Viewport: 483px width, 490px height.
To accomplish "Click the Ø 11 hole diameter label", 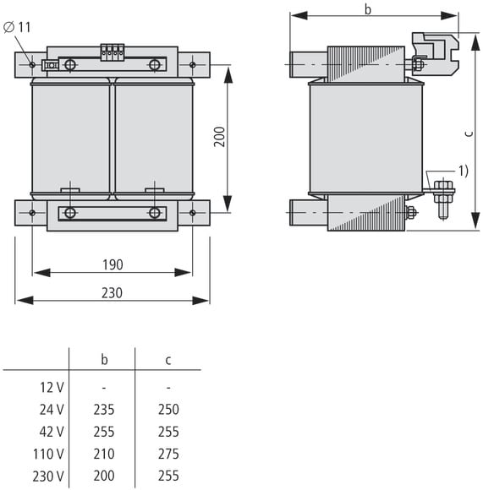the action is click(x=17, y=27).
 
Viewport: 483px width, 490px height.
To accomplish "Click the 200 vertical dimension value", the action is click(x=220, y=137).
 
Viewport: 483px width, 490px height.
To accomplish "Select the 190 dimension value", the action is click(x=113, y=264).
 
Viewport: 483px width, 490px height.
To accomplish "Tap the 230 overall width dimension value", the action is click(x=112, y=293).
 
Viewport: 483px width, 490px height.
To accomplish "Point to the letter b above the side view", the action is click(x=368, y=9).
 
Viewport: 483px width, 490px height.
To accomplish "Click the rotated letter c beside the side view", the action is click(x=469, y=133).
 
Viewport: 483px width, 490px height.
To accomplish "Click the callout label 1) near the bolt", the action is click(x=464, y=171).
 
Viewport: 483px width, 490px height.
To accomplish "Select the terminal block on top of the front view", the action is click(x=113, y=52).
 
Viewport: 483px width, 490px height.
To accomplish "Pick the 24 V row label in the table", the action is click(x=52, y=410).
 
